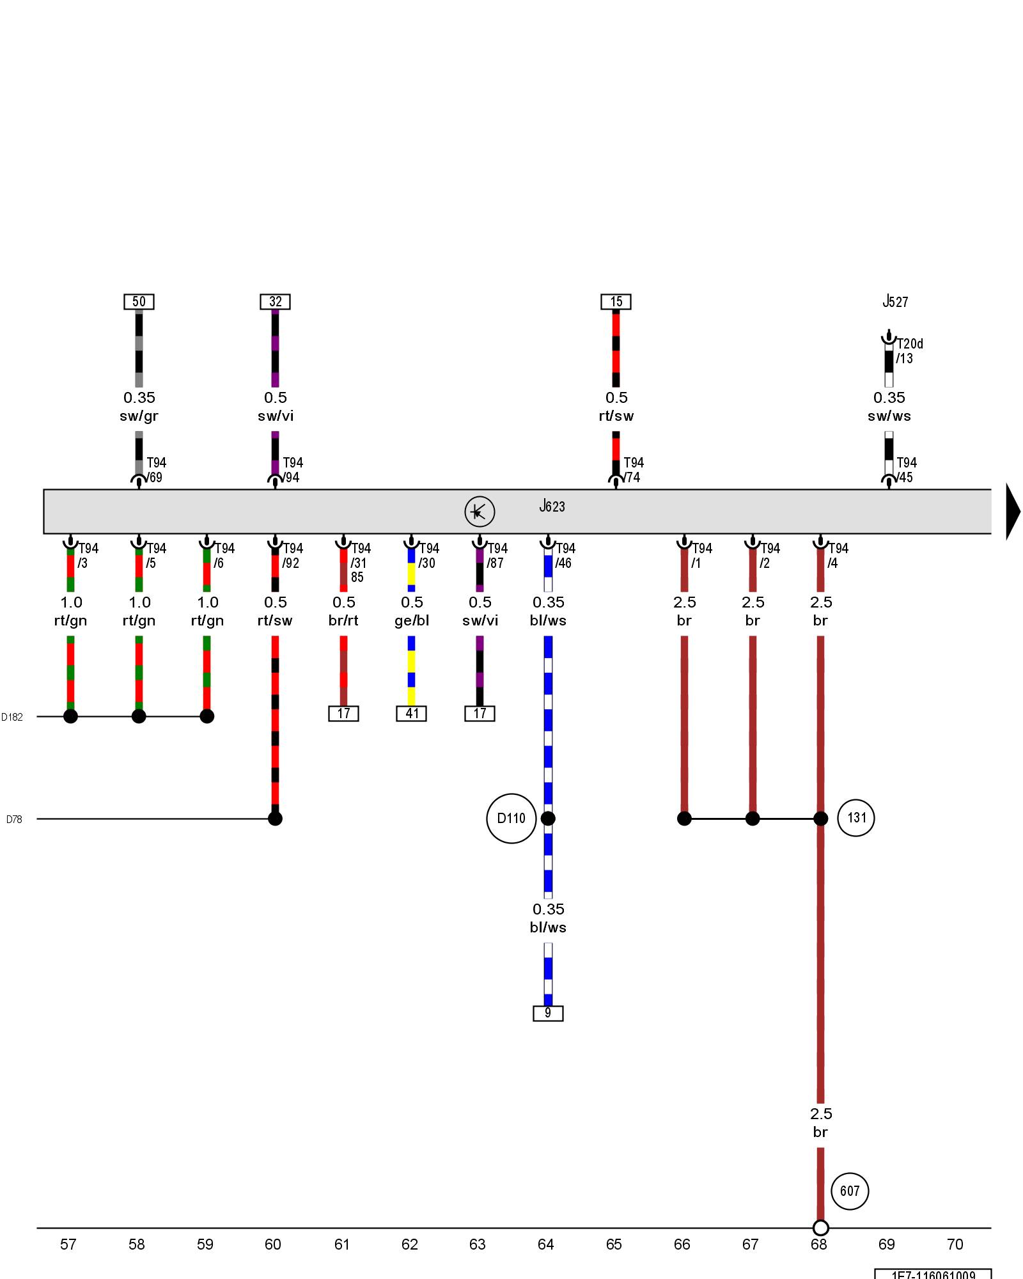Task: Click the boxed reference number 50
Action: click(x=139, y=302)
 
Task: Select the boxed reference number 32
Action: click(x=275, y=302)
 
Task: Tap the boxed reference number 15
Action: click(x=616, y=302)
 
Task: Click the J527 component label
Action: click(x=895, y=302)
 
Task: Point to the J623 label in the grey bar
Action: click(x=552, y=506)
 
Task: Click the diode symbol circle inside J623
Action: click(x=480, y=512)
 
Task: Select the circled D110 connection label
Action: click(x=511, y=819)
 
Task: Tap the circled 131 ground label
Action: click(x=856, y=818)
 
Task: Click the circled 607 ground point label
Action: click(x=849, y=1191)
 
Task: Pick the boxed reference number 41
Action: click(x=412, y=714)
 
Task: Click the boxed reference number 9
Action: click(x=548, y=1013)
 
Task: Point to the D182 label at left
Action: click(x=12, y=717)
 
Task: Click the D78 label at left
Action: click(x=14, y=819)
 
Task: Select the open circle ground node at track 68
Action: click(x=820, y=1228)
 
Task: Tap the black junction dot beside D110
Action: click(x=548, y=819)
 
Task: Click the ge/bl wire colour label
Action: click(x=412, y=620)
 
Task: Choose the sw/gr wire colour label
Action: click(x=139, y=416)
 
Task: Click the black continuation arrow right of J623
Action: click(x=1013, y=512)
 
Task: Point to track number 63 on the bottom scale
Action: click(x=478, y=1244)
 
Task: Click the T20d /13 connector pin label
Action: click(x=909, y=351)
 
